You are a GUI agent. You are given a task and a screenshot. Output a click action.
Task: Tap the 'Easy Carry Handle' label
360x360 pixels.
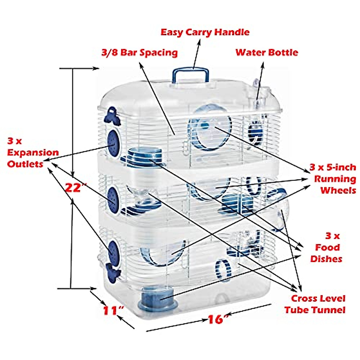(205, 32)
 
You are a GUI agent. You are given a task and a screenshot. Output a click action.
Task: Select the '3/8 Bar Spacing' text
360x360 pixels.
(139, 52)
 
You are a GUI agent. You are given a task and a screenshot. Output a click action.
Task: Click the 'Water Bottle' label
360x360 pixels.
(267, 52)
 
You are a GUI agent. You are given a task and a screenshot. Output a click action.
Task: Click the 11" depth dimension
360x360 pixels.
(113, 310)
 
